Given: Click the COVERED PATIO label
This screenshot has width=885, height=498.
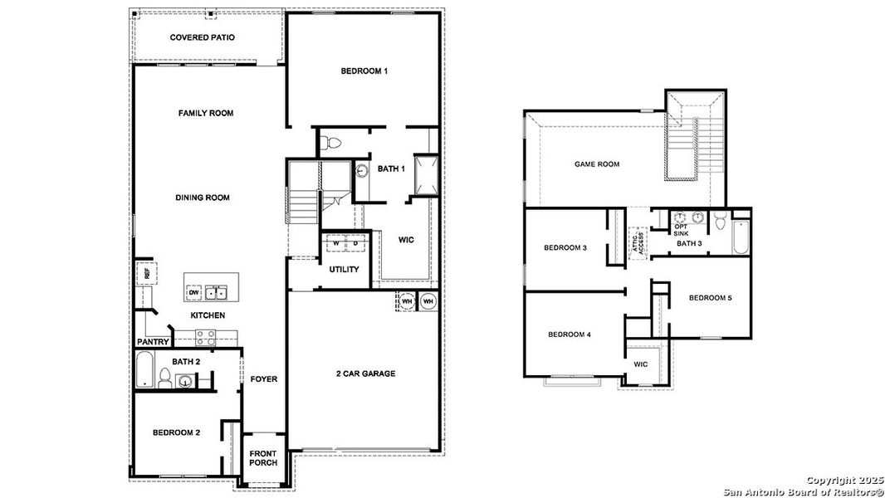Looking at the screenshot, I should [x=202, y=37].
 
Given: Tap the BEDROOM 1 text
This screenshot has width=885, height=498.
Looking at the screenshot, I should [x=364, y=71].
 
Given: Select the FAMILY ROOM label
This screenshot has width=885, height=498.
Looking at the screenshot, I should [x=205, y=113].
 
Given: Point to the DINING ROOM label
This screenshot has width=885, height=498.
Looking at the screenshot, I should [x=203, y=198].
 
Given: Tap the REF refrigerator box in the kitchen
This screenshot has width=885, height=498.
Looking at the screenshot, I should [x=145, y=272].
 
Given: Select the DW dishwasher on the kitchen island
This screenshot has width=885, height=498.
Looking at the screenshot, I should [x=193, y=292].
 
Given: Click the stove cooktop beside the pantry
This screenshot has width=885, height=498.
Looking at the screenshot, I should [x=205, y=336].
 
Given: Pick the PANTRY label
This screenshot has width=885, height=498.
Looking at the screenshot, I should [x=153, y=342].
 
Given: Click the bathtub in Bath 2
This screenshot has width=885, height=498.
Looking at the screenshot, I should [x=145, y=369].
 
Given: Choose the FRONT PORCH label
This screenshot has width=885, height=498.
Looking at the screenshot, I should [x=262, y=457].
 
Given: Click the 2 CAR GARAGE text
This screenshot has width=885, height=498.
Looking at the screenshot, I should [x=366, y=373].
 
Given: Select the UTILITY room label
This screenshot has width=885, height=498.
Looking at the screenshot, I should [x=344, y=270].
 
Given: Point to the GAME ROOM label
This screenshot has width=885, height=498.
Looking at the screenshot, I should [x=597, y=164].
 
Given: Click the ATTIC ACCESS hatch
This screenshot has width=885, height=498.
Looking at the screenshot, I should [x=638, y=242].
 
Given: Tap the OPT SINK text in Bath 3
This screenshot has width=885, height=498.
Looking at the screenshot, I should [x=681, y=230].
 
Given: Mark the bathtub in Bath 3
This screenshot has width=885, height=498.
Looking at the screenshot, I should [x=741, y=237].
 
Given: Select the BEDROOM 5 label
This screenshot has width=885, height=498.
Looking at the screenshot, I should [x=709, y=298].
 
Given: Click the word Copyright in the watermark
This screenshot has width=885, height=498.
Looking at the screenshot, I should [x=829, y=481].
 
